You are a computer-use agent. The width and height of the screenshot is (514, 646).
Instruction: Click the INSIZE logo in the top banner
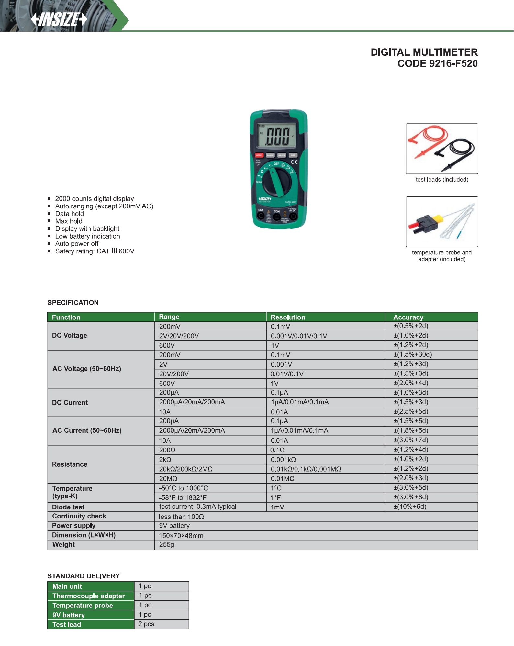(59, 19)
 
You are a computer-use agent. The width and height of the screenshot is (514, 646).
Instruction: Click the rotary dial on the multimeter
(277, 182)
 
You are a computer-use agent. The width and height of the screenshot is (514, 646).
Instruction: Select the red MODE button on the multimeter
(259, 155)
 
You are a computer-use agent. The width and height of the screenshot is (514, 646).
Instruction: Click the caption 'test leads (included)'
(442, 180)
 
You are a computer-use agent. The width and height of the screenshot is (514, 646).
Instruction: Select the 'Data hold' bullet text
(69, 214)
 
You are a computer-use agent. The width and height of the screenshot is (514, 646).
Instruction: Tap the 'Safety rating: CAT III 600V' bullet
(95, 251)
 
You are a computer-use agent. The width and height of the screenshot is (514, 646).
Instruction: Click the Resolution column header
(288, 317)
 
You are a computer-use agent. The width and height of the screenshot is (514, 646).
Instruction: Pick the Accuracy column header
(408, 317)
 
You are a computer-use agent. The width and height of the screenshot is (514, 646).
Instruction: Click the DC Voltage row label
(70, 335)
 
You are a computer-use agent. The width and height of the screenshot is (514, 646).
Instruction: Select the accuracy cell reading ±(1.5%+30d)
(412, 354)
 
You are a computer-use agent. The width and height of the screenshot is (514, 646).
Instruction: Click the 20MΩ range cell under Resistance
(168, 478)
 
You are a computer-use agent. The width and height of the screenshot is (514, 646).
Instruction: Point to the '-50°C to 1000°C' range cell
(184, 488)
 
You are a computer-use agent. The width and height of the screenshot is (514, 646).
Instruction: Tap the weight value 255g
(166, 545)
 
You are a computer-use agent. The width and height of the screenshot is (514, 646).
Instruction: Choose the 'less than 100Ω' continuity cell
(181, 517)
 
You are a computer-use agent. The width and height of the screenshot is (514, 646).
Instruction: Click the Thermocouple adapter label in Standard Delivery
(88, 596)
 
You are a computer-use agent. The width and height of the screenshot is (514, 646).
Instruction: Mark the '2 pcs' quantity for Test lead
(146, 624)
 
